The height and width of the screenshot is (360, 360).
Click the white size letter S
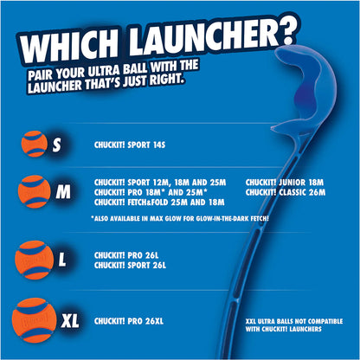point(57,146)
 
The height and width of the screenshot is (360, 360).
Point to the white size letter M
point(63,192)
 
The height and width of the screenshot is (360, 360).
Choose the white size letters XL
point(71,320)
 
